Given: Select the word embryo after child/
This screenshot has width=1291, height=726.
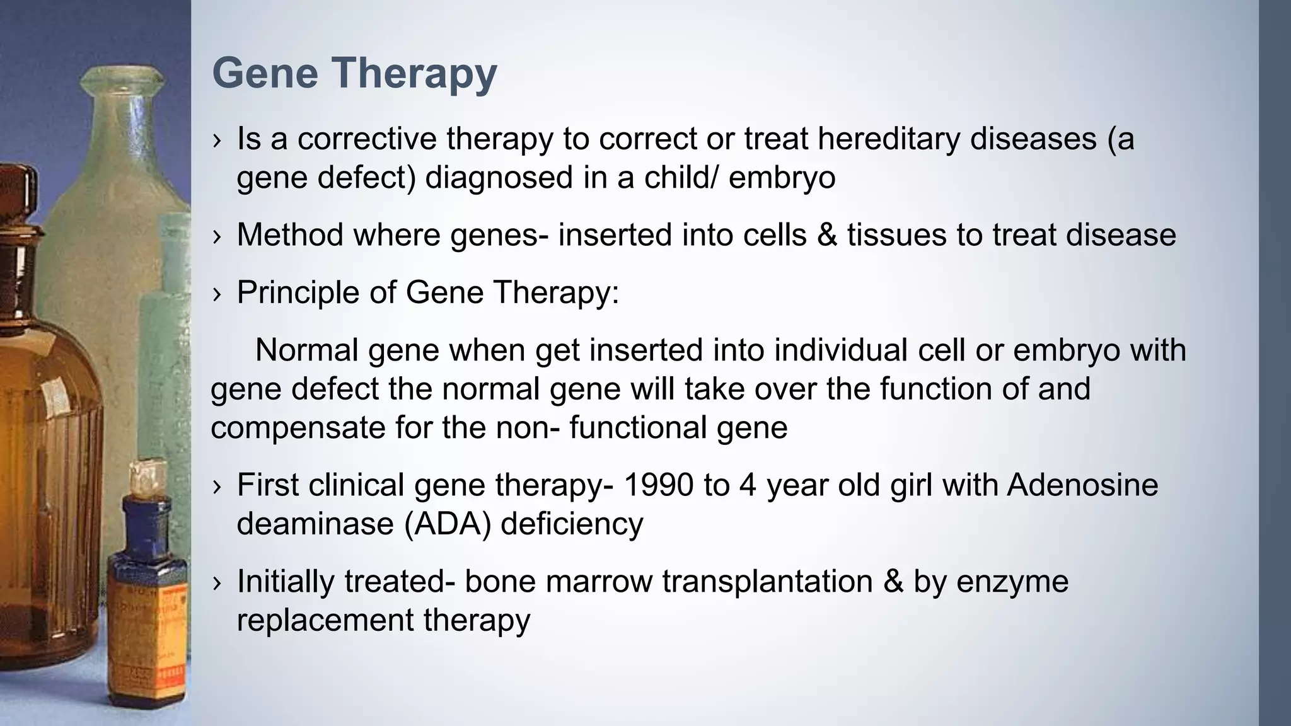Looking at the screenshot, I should pos(782,178).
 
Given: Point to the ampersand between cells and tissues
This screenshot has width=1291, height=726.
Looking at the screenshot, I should pos(826,235).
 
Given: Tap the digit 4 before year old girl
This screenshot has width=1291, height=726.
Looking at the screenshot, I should pos(748,485).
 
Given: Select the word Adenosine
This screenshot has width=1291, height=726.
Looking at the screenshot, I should pos(1082,485).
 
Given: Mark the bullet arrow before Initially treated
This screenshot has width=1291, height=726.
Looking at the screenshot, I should pos(217,583).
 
